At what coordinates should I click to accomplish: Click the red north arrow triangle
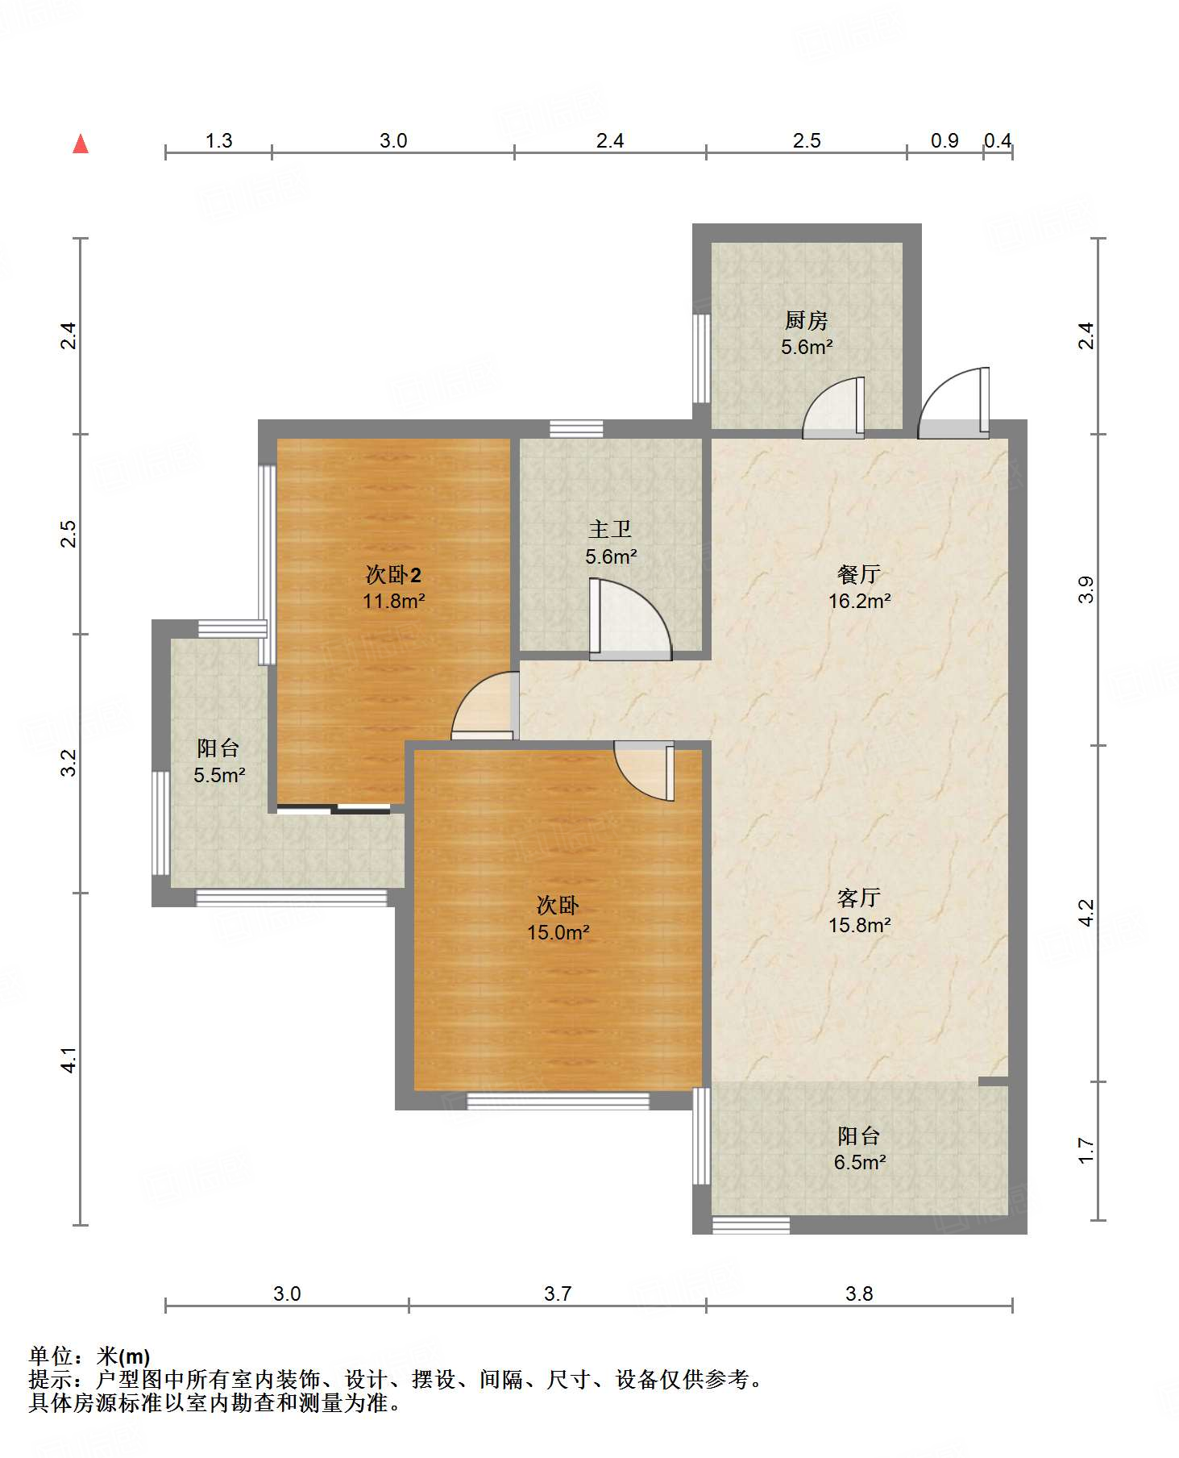click(x=81, y=144)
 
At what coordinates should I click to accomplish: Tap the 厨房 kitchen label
click(x=806, y=320)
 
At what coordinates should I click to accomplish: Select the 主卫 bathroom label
click(x=610, y=529)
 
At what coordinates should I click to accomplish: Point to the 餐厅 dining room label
click(x=858, y=574)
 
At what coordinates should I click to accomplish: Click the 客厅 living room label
click(x=859, y=898)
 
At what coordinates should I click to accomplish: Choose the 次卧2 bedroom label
click(x=393, y=575)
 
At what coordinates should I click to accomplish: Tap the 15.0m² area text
click(x=558, y=933)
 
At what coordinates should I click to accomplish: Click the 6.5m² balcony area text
click(x=860, y=1162)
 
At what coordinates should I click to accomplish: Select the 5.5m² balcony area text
click(x=218, y=775)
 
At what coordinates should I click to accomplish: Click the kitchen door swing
click(x=834, y=408)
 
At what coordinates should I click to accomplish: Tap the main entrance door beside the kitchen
click(x=953, y=403)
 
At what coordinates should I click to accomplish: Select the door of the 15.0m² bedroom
click(x=644, y=771)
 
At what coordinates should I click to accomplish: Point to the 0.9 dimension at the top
click(x=944, y=141)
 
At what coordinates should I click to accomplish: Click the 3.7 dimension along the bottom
click(x=558, y=1294)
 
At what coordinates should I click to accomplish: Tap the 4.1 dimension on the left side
click(x=69, y=1060)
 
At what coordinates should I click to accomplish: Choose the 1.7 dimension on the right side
click(x=1086, y=1151)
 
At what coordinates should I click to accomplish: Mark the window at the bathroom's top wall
click(x=576, y=429)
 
